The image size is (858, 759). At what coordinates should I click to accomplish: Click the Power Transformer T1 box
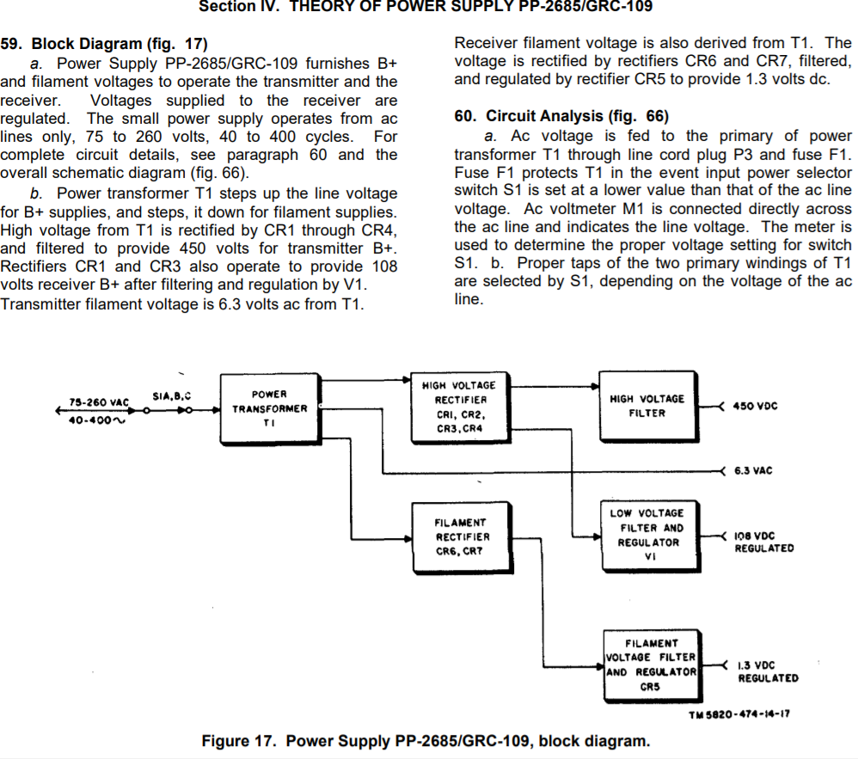269,409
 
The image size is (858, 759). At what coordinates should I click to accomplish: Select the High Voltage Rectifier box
458,408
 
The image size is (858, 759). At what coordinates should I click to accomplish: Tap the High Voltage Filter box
647,406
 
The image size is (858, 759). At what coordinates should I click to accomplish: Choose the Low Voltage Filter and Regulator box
648,536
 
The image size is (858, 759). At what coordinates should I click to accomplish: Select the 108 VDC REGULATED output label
763,542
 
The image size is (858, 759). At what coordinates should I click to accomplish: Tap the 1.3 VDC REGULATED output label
767,671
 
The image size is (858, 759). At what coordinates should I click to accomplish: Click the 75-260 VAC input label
98,401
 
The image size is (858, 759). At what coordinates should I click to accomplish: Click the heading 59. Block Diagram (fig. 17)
103,44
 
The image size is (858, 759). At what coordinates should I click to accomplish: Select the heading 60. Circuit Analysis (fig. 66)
561,116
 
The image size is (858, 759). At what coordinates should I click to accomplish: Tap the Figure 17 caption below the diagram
426,741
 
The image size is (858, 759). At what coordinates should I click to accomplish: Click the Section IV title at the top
426,7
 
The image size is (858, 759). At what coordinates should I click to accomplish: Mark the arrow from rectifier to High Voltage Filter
550,378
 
